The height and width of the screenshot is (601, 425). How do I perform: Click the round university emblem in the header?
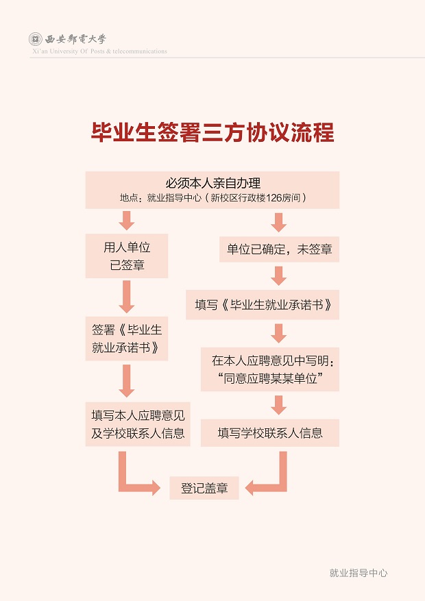pos(36,39)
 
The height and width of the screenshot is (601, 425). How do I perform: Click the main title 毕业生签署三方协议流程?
pos(212,133)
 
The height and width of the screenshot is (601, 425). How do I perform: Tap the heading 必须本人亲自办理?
pos(212,183)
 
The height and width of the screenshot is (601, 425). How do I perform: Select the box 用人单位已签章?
pos(126,256)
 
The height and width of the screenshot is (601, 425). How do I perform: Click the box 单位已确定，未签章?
pos(279,249)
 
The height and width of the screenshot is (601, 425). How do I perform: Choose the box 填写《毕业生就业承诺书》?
pos(263,305)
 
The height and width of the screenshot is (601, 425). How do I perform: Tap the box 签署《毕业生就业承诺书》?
pos(126,339)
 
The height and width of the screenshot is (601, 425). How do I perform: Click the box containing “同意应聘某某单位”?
pos(270,369)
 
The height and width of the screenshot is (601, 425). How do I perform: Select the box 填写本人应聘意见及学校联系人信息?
pos(138,424)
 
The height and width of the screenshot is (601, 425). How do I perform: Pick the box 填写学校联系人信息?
pos(270,432)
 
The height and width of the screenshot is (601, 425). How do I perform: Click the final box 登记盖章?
pos(204,488)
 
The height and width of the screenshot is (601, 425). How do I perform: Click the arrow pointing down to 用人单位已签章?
pos(126,221)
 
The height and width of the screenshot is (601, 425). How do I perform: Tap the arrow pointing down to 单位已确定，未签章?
pos(278,223)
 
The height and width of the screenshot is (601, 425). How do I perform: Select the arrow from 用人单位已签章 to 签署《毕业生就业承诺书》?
pos(126,297)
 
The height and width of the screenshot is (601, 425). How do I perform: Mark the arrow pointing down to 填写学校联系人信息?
pos(278,405)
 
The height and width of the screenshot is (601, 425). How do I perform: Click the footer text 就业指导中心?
pos(359,573)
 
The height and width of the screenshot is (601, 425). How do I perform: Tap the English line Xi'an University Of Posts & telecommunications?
pos(99,51)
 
